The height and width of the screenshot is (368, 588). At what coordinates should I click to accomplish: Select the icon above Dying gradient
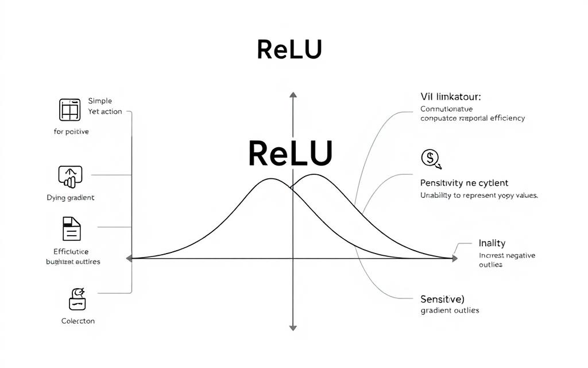point(70,177)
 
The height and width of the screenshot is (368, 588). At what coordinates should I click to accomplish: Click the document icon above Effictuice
point(71,228)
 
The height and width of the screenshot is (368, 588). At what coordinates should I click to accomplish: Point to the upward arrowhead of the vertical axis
point(293,95)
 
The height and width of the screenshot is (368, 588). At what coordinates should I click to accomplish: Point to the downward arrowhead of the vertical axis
point(293,328)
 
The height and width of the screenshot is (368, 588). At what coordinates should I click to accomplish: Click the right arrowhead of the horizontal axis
point(454,259)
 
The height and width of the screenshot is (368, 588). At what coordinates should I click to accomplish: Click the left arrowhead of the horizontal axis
point(130,259)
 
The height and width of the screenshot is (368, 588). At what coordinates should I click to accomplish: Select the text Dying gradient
point(70,197)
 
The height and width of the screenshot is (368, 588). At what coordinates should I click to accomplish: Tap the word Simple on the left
point(100,101)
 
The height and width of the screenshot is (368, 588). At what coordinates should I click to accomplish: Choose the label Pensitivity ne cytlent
point(464,183)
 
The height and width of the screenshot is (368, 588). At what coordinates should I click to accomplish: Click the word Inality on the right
point(492,243)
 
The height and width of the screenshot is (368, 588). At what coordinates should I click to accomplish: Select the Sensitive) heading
point(443,299)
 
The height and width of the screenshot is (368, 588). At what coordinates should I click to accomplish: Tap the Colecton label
point(78,321)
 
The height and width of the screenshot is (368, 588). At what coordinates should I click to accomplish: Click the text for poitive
point(71,132)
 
